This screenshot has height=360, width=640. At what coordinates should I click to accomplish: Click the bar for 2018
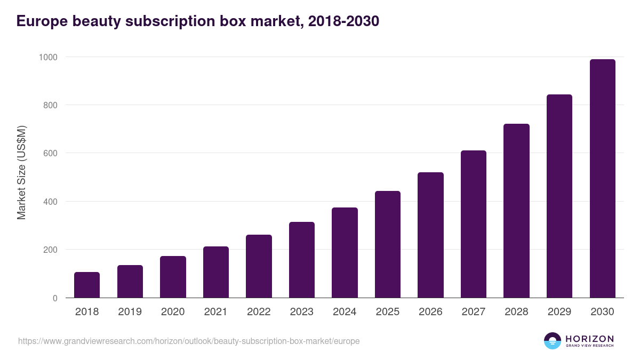(87, 285)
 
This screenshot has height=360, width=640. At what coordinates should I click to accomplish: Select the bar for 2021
(216, 272)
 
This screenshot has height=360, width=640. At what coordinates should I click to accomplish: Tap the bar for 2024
(345, 253)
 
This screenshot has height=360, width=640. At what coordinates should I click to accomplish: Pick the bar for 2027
(474, 224)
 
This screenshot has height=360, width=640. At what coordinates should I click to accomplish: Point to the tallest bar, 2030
(602, 179)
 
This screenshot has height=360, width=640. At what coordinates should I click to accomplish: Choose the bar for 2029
(559, 196)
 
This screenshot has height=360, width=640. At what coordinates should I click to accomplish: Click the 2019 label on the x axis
(130, 312)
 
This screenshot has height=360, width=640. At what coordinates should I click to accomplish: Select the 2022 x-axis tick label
(259, 312)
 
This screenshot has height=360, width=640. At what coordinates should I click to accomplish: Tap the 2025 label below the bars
(388, 312)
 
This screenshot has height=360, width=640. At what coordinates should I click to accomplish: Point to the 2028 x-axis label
(516, 312)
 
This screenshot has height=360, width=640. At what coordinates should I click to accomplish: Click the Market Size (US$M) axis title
(21, 172)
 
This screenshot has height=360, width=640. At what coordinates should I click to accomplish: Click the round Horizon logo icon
(553, 341)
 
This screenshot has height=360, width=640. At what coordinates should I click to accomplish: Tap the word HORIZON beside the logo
(589, 339)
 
